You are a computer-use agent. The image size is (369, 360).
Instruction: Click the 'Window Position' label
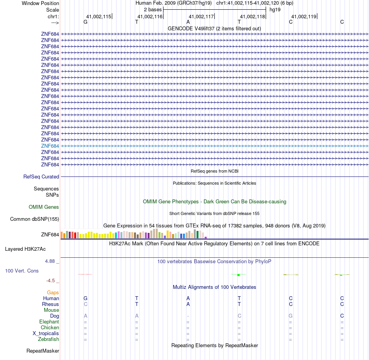click(40, 3)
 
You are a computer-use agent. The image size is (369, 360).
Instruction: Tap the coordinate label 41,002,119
click(304, 17)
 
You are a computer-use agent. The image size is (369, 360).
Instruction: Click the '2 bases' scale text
click(153, 9)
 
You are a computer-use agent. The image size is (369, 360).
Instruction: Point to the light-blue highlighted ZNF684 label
click(50, 146)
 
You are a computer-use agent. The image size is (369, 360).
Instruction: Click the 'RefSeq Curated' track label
click(41, 177)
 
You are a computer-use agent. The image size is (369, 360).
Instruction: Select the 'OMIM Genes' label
click(44, 207)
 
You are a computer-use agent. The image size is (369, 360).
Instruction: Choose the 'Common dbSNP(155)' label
click(35, 219)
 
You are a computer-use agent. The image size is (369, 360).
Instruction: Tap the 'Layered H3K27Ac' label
click(25, 249)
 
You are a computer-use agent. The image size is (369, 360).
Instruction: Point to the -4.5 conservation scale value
click(51, 280)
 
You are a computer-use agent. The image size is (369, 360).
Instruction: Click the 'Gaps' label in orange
click(53, 292)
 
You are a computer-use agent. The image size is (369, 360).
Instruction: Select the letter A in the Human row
click(188, 298)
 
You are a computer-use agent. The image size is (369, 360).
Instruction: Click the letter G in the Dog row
click(291, 316)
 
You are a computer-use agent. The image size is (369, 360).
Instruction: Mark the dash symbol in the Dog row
click(188, 316)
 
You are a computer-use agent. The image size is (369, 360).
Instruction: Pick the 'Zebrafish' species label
click(49, 339)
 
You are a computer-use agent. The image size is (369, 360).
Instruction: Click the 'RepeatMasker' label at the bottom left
click(43, 351)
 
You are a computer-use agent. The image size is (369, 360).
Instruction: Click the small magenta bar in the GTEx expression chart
click(206, 237)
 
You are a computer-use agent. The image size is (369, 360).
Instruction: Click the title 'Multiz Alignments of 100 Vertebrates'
click(214, 287)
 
